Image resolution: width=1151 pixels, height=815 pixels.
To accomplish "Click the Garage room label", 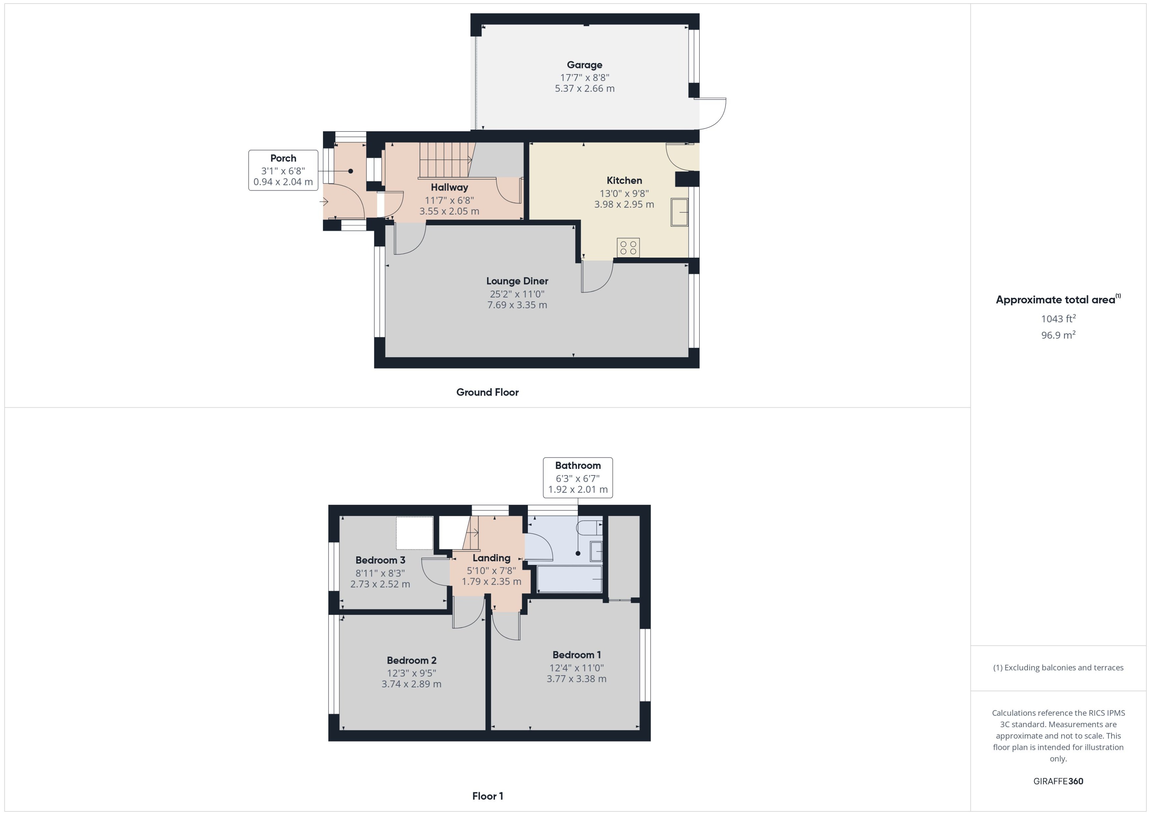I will pos(584,65).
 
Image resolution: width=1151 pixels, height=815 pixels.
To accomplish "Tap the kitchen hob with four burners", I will pos(628,247).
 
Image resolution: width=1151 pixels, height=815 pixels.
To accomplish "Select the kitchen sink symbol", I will pos(679,212).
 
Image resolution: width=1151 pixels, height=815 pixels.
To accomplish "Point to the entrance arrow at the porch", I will pos(324,202).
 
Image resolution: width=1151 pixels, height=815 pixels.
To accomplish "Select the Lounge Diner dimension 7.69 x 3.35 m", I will pos(517,305).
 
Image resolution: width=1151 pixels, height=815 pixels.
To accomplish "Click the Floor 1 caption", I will pos(487,796).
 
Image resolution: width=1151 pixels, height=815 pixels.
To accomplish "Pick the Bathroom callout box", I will pos(578,477).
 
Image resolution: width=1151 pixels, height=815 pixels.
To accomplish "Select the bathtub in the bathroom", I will pos(569,580).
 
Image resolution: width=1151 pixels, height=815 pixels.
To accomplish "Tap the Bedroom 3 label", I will pos(380,560).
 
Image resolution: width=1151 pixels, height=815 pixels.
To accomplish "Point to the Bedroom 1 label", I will pos(576,655).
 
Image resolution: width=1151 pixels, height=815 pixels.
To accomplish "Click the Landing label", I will pos(491,558).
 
